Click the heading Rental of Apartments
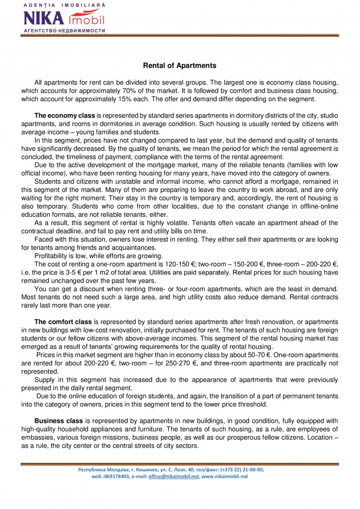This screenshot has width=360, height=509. (180, 66)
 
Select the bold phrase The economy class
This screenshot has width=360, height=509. (65, 116)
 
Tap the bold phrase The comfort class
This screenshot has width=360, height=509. (63, 322)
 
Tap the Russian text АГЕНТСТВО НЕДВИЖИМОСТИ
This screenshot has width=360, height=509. (64, 31)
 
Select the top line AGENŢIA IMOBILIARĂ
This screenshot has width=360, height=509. (64, 4)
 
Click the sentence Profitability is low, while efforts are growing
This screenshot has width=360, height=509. (100, 255)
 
